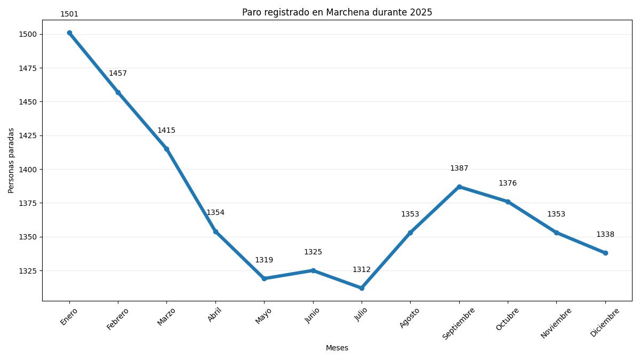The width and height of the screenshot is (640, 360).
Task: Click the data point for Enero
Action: pyautogui.click(x=69, y=33)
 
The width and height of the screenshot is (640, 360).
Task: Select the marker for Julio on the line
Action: pyautogui.click(x=362, y=288)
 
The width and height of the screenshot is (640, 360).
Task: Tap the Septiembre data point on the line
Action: pyautogui.click(x=459, y=187)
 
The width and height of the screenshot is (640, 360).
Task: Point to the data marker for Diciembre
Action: pyautogui.click(x=605, y=253)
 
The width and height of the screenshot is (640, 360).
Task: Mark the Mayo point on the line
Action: pyautogui.click(x=264, y=278)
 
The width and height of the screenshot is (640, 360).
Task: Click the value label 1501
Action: pyautogui.click(x=69, y=14)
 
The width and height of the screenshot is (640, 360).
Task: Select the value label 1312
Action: pyautogui.click(x=362, y=270)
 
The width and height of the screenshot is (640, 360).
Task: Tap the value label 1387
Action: pyautogui.click(x=459, y=169)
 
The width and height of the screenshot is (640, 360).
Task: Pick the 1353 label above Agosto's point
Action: pyautogui.click(x=410, y=214)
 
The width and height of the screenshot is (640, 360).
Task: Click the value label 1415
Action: pyautogui.click(x=166, y=131)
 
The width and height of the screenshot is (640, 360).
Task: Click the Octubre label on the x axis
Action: pyautogui.click(x=507, y=319)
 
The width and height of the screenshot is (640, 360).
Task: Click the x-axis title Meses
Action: pyautogui.click(x=337, y=348)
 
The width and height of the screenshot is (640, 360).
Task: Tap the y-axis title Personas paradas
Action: pyautogui.click(x=11, y=161)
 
